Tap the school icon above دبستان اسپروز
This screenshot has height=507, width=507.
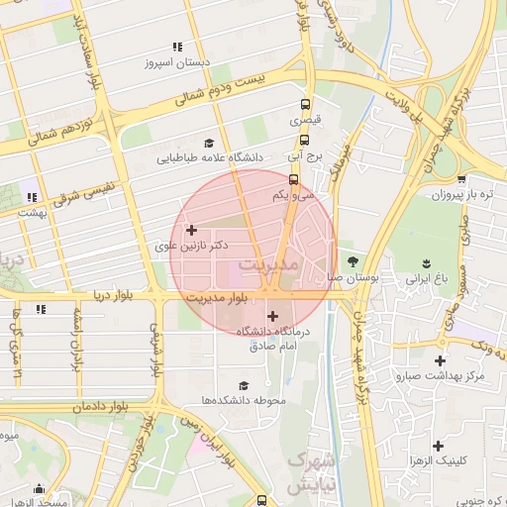pos(177,47)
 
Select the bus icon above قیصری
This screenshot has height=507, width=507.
pos(304,104)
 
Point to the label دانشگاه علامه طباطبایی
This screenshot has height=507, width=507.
pos(209,156)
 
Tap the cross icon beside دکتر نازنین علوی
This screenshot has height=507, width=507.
pos(192,230)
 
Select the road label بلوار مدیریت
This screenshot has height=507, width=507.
pos(216,297)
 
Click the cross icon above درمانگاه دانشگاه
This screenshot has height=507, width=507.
pos(273,316)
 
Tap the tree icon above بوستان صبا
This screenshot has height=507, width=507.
pos(354,261)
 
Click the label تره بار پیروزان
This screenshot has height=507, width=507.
pos(459,194)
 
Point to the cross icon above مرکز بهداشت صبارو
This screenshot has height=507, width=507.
pos(440,360)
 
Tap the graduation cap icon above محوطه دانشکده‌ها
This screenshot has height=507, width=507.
pos(244,385)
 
